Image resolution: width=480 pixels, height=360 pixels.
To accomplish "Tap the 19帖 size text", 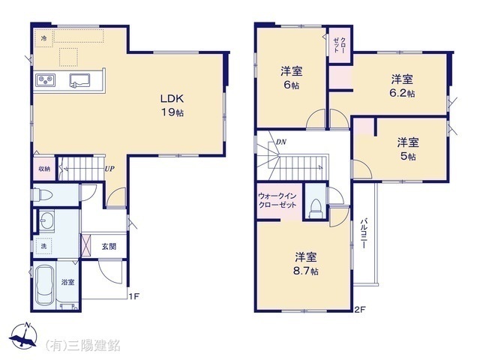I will (x=171, y=112).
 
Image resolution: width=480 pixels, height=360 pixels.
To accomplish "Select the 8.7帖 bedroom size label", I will (x=305, y=269).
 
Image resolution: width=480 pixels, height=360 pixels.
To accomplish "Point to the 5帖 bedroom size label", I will (x=409, y=155).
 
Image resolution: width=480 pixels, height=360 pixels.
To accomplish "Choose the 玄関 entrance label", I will (x=109, y=245).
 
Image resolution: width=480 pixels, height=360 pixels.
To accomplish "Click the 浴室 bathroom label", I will (x=68, y=283).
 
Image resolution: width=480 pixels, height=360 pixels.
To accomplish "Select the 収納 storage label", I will (x=43, y=169).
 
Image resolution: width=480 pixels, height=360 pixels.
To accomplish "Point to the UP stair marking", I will (x=109, y=169).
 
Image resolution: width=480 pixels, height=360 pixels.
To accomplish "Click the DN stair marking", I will (x=280, y=142).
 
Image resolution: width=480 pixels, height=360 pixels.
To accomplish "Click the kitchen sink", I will (x=80, y=80).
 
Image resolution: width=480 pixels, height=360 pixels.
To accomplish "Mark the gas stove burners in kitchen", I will (x=43, y=80).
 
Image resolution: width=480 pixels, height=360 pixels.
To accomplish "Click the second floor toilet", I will (x=316, y=206).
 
